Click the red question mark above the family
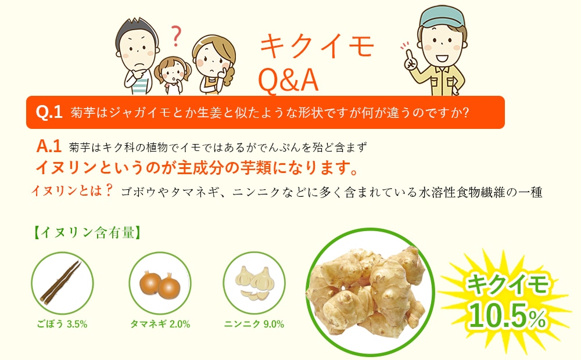(x=177, y=36)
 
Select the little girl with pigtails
(x=173, y=75)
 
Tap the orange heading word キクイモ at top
(x=317, y=46)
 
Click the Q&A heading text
(x=288, y=80)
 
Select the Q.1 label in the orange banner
(x=49, y=112)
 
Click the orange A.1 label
(x=49, y=146)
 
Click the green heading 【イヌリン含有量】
(x=87, y=233)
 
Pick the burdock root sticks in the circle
(x=60, y=283)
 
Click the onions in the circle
(x=160, y=284)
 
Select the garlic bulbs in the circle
(x=253, y=283)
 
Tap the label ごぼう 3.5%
(x=62, y=325)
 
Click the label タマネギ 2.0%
(x=160, y=325)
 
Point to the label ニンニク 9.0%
(x=254, y=325)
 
